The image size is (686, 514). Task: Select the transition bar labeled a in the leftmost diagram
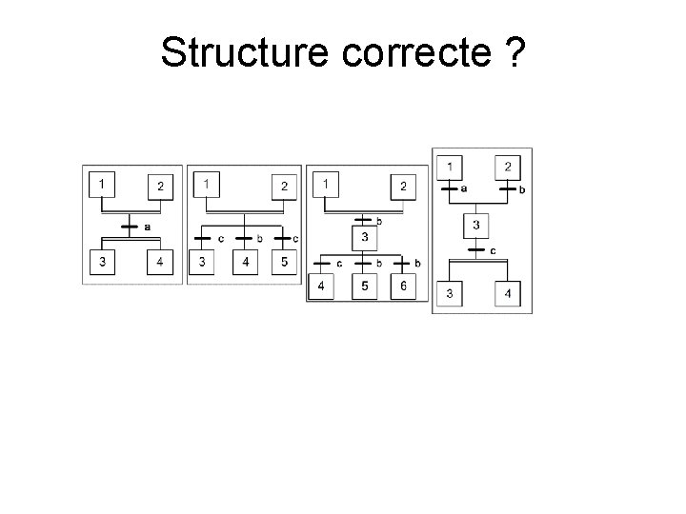132,227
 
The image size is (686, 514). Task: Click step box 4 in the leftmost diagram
159,263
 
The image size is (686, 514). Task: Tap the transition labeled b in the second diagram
244,238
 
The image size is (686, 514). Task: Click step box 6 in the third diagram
402,286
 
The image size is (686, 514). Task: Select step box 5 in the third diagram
363,286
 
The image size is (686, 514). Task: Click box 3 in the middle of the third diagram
363,237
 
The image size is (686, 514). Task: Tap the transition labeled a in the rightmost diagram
449,188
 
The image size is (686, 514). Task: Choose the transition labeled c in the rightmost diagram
478,250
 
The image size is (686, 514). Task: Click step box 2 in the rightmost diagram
507,167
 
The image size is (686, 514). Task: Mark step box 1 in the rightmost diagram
449,167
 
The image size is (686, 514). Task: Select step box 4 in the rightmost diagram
507,294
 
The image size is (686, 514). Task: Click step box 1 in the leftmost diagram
102,182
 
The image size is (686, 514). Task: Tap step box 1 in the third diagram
327,183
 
